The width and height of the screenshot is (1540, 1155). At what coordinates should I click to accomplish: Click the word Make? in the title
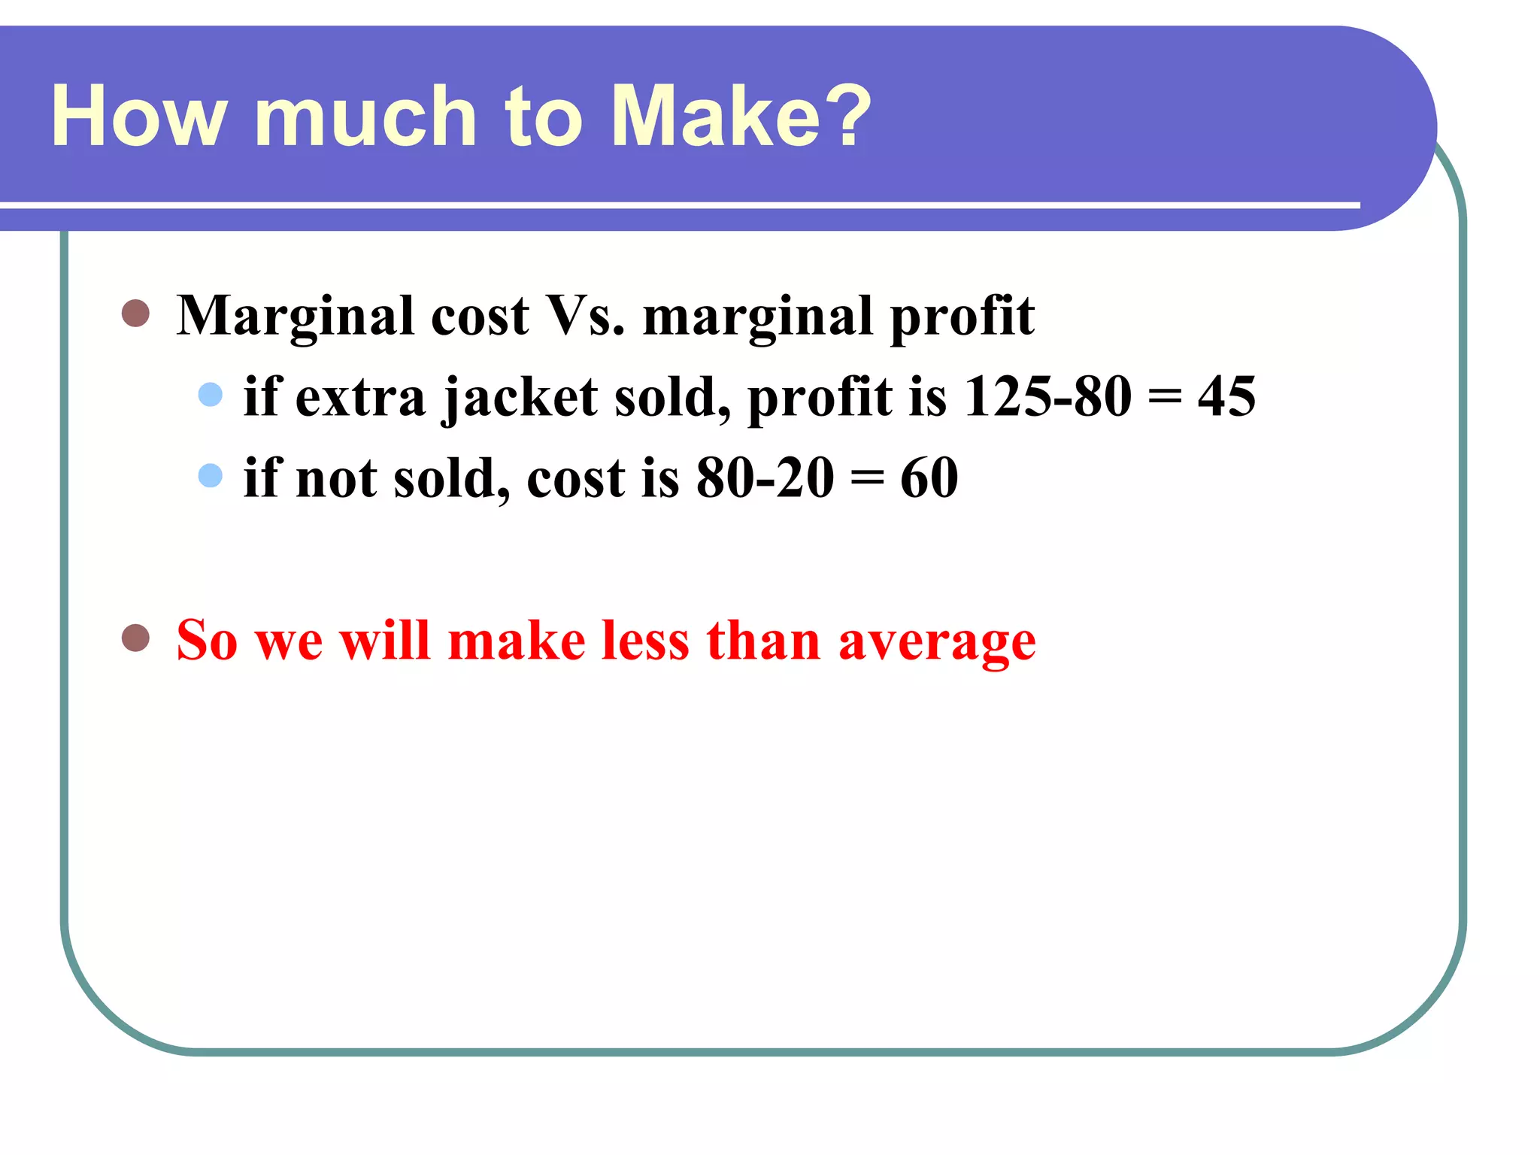(x=741, y=117)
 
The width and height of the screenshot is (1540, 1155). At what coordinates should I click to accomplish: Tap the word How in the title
(x=139, y=117)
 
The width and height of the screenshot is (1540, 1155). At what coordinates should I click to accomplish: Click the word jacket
(x=520, y=399)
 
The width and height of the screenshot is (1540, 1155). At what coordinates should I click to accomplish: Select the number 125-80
(x=1047, y=396)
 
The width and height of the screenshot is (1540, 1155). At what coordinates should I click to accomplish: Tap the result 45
(x=1226, y=396)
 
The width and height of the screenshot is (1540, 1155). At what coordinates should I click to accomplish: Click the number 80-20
(x=765, y=478)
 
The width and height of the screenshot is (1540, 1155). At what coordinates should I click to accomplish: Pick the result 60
(x=929, y=478)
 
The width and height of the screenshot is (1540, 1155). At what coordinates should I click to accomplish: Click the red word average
(x=937, y=642)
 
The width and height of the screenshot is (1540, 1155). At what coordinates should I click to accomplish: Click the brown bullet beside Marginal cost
(x=135, y=314)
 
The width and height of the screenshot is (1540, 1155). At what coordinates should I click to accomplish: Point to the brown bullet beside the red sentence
(x=135, y=638)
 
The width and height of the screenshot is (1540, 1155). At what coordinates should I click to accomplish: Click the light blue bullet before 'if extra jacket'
(x=211, y=395)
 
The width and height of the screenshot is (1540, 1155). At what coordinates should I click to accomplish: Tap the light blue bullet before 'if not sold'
(x=211, y=475)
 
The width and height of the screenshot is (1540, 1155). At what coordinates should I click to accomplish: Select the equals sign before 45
(x=1164, y=398)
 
